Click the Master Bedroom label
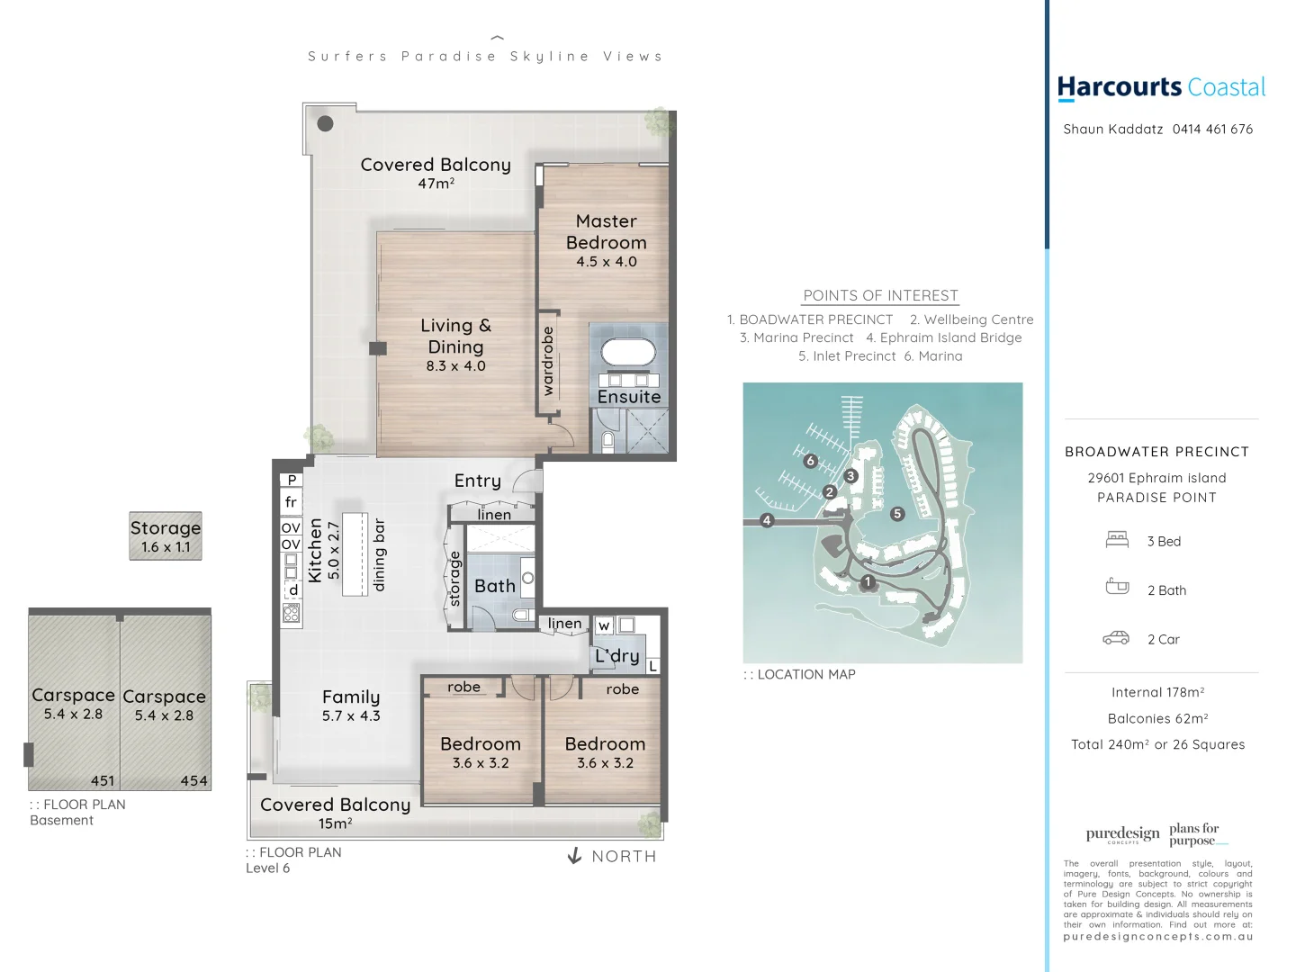point(606,231)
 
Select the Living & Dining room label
point(455,336)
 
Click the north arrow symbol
point(575,856)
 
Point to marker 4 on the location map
point(767,520)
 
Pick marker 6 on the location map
point(810,461)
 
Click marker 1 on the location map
point(868,582)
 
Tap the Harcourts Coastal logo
point(1161,87)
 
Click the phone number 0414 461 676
point(1212,129)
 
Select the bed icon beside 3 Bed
point(1117,540)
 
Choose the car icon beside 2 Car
point(1116,638)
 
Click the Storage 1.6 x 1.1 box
point(166,536)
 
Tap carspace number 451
point(103,780)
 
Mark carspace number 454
point(193,780)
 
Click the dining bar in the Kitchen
point(355,553)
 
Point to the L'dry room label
point(617,656)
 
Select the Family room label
point(351,697)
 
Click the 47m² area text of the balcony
point(436,184)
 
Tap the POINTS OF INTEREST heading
point(880,295)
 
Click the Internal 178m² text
point(1157,692)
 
